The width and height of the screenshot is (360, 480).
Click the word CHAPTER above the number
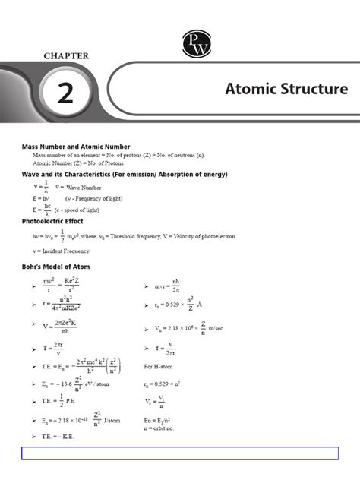pyautogui.click(x=65, y=55)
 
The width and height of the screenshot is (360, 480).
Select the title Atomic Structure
pyautogui.click(x=286, y=90)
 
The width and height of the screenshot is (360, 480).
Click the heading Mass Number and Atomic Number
pyautogui.click(x=75, y=147)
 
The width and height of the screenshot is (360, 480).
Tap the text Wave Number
pyautogui.click(x=84, y=186)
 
